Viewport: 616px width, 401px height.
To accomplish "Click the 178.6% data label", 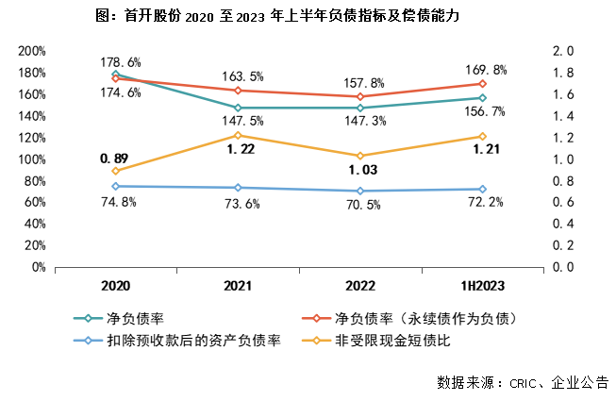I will click(x=121, y=62).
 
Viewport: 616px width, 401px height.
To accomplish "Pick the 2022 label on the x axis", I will click(x=360, y=286).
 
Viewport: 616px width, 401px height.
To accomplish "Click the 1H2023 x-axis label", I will click(x=481, y=286).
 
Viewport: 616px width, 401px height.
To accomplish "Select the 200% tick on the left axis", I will click(x=32, y=51).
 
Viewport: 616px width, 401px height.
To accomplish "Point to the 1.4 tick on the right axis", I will click(x=562, y=116).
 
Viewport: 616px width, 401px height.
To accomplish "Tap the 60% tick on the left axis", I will click(x=36, y=203).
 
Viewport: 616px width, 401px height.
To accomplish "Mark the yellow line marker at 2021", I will click(x=239, y=135).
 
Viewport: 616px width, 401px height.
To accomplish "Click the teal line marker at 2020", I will click(x=116, y=74).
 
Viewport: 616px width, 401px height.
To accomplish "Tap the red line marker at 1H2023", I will click(x=482, y=84).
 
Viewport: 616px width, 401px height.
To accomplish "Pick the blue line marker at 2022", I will click(x=360, y=191).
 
